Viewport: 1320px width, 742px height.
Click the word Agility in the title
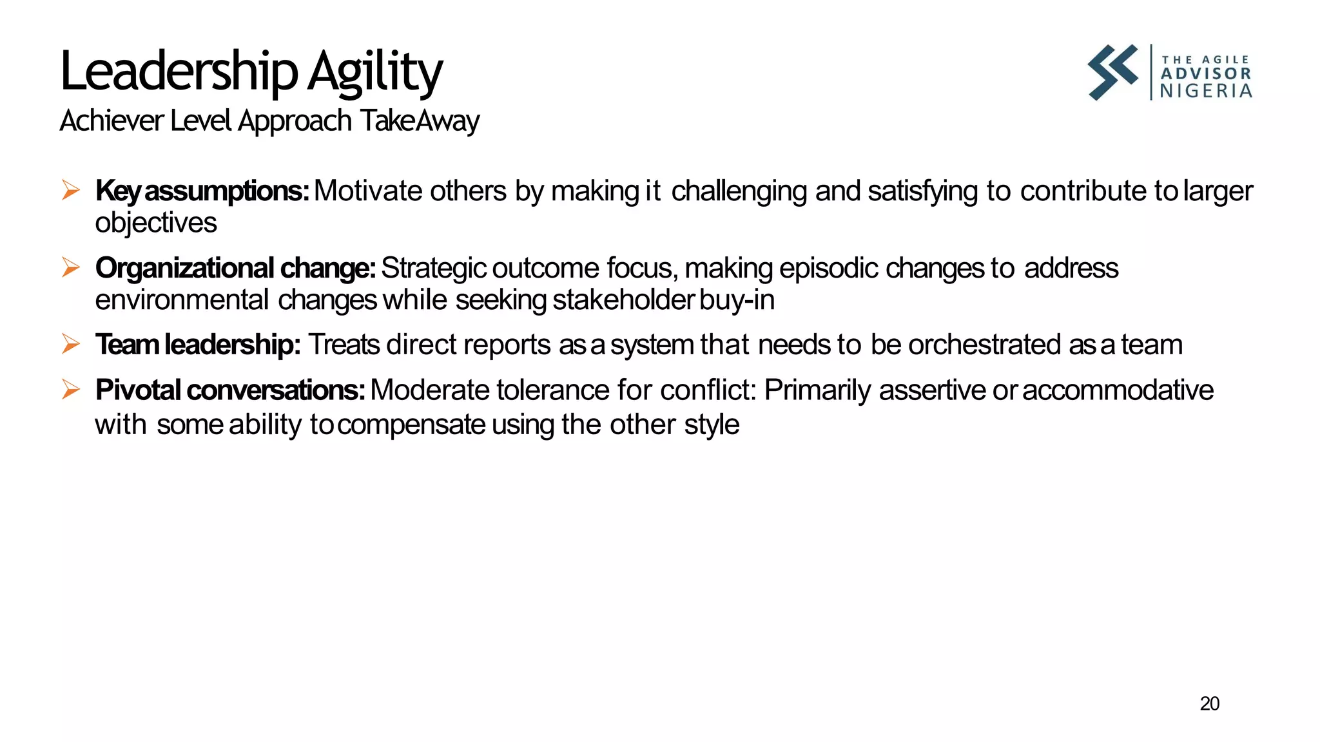click(x=374, y=72)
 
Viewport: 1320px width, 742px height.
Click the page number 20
click(x=1209, y=704)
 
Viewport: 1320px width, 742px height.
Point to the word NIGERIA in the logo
click(x=1205, y=91)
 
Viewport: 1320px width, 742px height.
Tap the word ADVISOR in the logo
click(x=1205, y=74)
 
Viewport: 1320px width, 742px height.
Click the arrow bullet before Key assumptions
click(x=70, y=191)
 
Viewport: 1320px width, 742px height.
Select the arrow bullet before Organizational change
click(x=70, y=267)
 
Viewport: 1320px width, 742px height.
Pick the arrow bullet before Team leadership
click(x=70, y=345)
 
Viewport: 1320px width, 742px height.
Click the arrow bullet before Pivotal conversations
click(x=70, y=390)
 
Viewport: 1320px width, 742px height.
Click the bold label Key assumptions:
click(x=202, y=191)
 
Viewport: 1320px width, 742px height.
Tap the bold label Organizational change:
click(x=235, y=268)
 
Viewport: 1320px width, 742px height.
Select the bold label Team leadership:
click(x=198, y=345)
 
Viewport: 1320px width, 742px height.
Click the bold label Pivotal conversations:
click(x=230, y=390)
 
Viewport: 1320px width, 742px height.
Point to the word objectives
click(x=156, y=223)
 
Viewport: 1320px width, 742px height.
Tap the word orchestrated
click(x=984, y=345)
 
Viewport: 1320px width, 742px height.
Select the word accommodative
click(x=1118, y=390)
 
